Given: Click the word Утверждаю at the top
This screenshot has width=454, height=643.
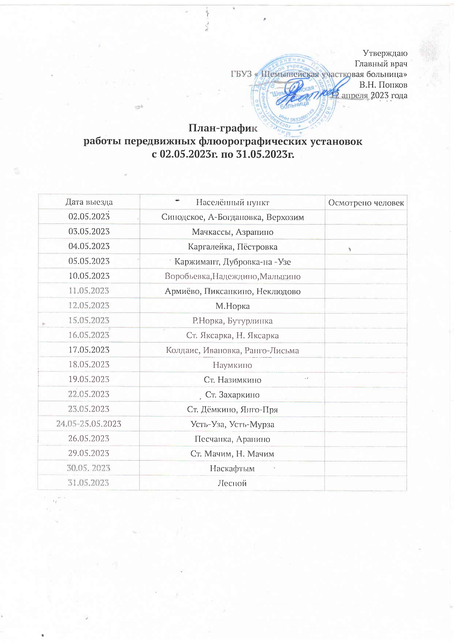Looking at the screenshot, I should pos(385,53).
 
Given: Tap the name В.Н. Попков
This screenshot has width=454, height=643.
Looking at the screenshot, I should pos(383,85).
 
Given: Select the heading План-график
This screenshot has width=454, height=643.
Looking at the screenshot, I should pos(223,128).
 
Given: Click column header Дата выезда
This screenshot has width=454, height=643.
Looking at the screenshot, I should pos(89,202).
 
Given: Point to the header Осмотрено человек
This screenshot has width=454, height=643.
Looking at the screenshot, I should pos(366,203).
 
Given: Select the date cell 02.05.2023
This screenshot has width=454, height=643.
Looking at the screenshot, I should pos(89,217).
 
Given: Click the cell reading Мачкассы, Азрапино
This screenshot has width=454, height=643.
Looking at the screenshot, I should pos(232,232).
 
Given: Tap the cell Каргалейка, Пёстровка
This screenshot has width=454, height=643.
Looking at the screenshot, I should pos(232,247).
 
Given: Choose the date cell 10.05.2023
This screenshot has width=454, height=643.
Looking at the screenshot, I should pos(89,276).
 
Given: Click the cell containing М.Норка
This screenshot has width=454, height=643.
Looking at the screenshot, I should pos(232,306).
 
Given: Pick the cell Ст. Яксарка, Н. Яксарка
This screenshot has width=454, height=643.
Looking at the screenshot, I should pos(232,336).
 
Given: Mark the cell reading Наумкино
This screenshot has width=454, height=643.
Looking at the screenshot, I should pos(232,365).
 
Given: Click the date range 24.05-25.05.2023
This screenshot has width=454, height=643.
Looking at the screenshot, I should pos(89,424).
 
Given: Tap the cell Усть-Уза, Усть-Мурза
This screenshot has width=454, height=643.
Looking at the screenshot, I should pos(232,424).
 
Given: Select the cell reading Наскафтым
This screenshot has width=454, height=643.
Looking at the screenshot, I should pos(232,469).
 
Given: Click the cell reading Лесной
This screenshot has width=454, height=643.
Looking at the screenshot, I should pos(232,483).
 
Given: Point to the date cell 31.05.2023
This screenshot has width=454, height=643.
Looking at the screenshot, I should pos(89,483).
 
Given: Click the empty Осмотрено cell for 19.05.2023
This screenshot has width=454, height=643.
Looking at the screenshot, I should pos(365,380).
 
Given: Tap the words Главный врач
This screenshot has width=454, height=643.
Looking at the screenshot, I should pos(381,64).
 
